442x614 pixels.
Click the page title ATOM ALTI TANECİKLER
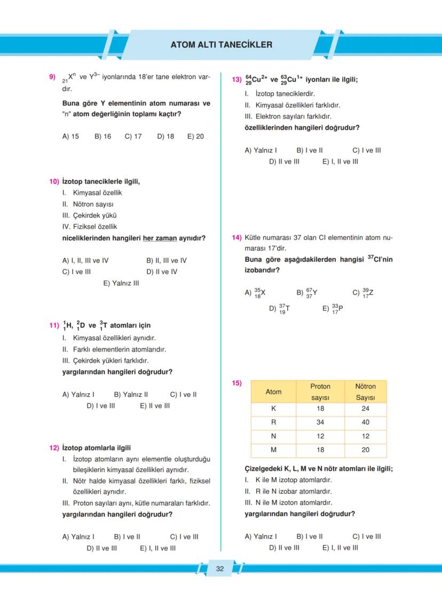click(x=221, y=45)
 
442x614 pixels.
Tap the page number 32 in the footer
click(x=220, y=569)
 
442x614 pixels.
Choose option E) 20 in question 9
click(x=195, y=137)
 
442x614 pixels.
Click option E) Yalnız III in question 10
click(x=121, y=283)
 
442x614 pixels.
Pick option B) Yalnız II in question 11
click(x=131, y=395)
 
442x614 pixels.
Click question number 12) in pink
click(x=54, y=448)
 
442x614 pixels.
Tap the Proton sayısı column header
click(x=320, y=392)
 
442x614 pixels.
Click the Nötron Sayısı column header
click(x=366, y=392)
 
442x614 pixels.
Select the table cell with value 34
click(x=320, y=422)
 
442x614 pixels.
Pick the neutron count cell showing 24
click(x=366, y=409)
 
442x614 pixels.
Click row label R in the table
click(x=273, y=422)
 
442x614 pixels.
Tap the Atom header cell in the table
click(x=273, y=392)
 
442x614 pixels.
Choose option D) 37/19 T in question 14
click(x=280, y=308)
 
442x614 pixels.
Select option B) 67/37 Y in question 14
click(x=307, y=292)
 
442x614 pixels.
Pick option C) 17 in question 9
click(x=133, y=137)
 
